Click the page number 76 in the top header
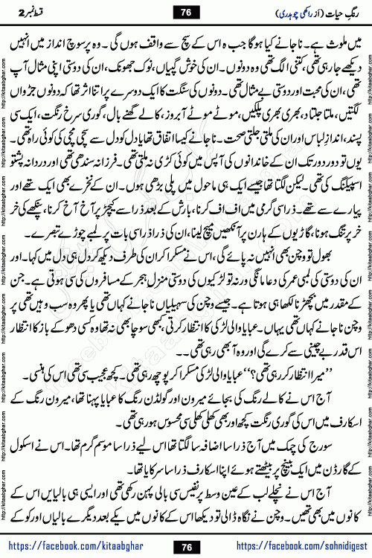click(x=185, y=13)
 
